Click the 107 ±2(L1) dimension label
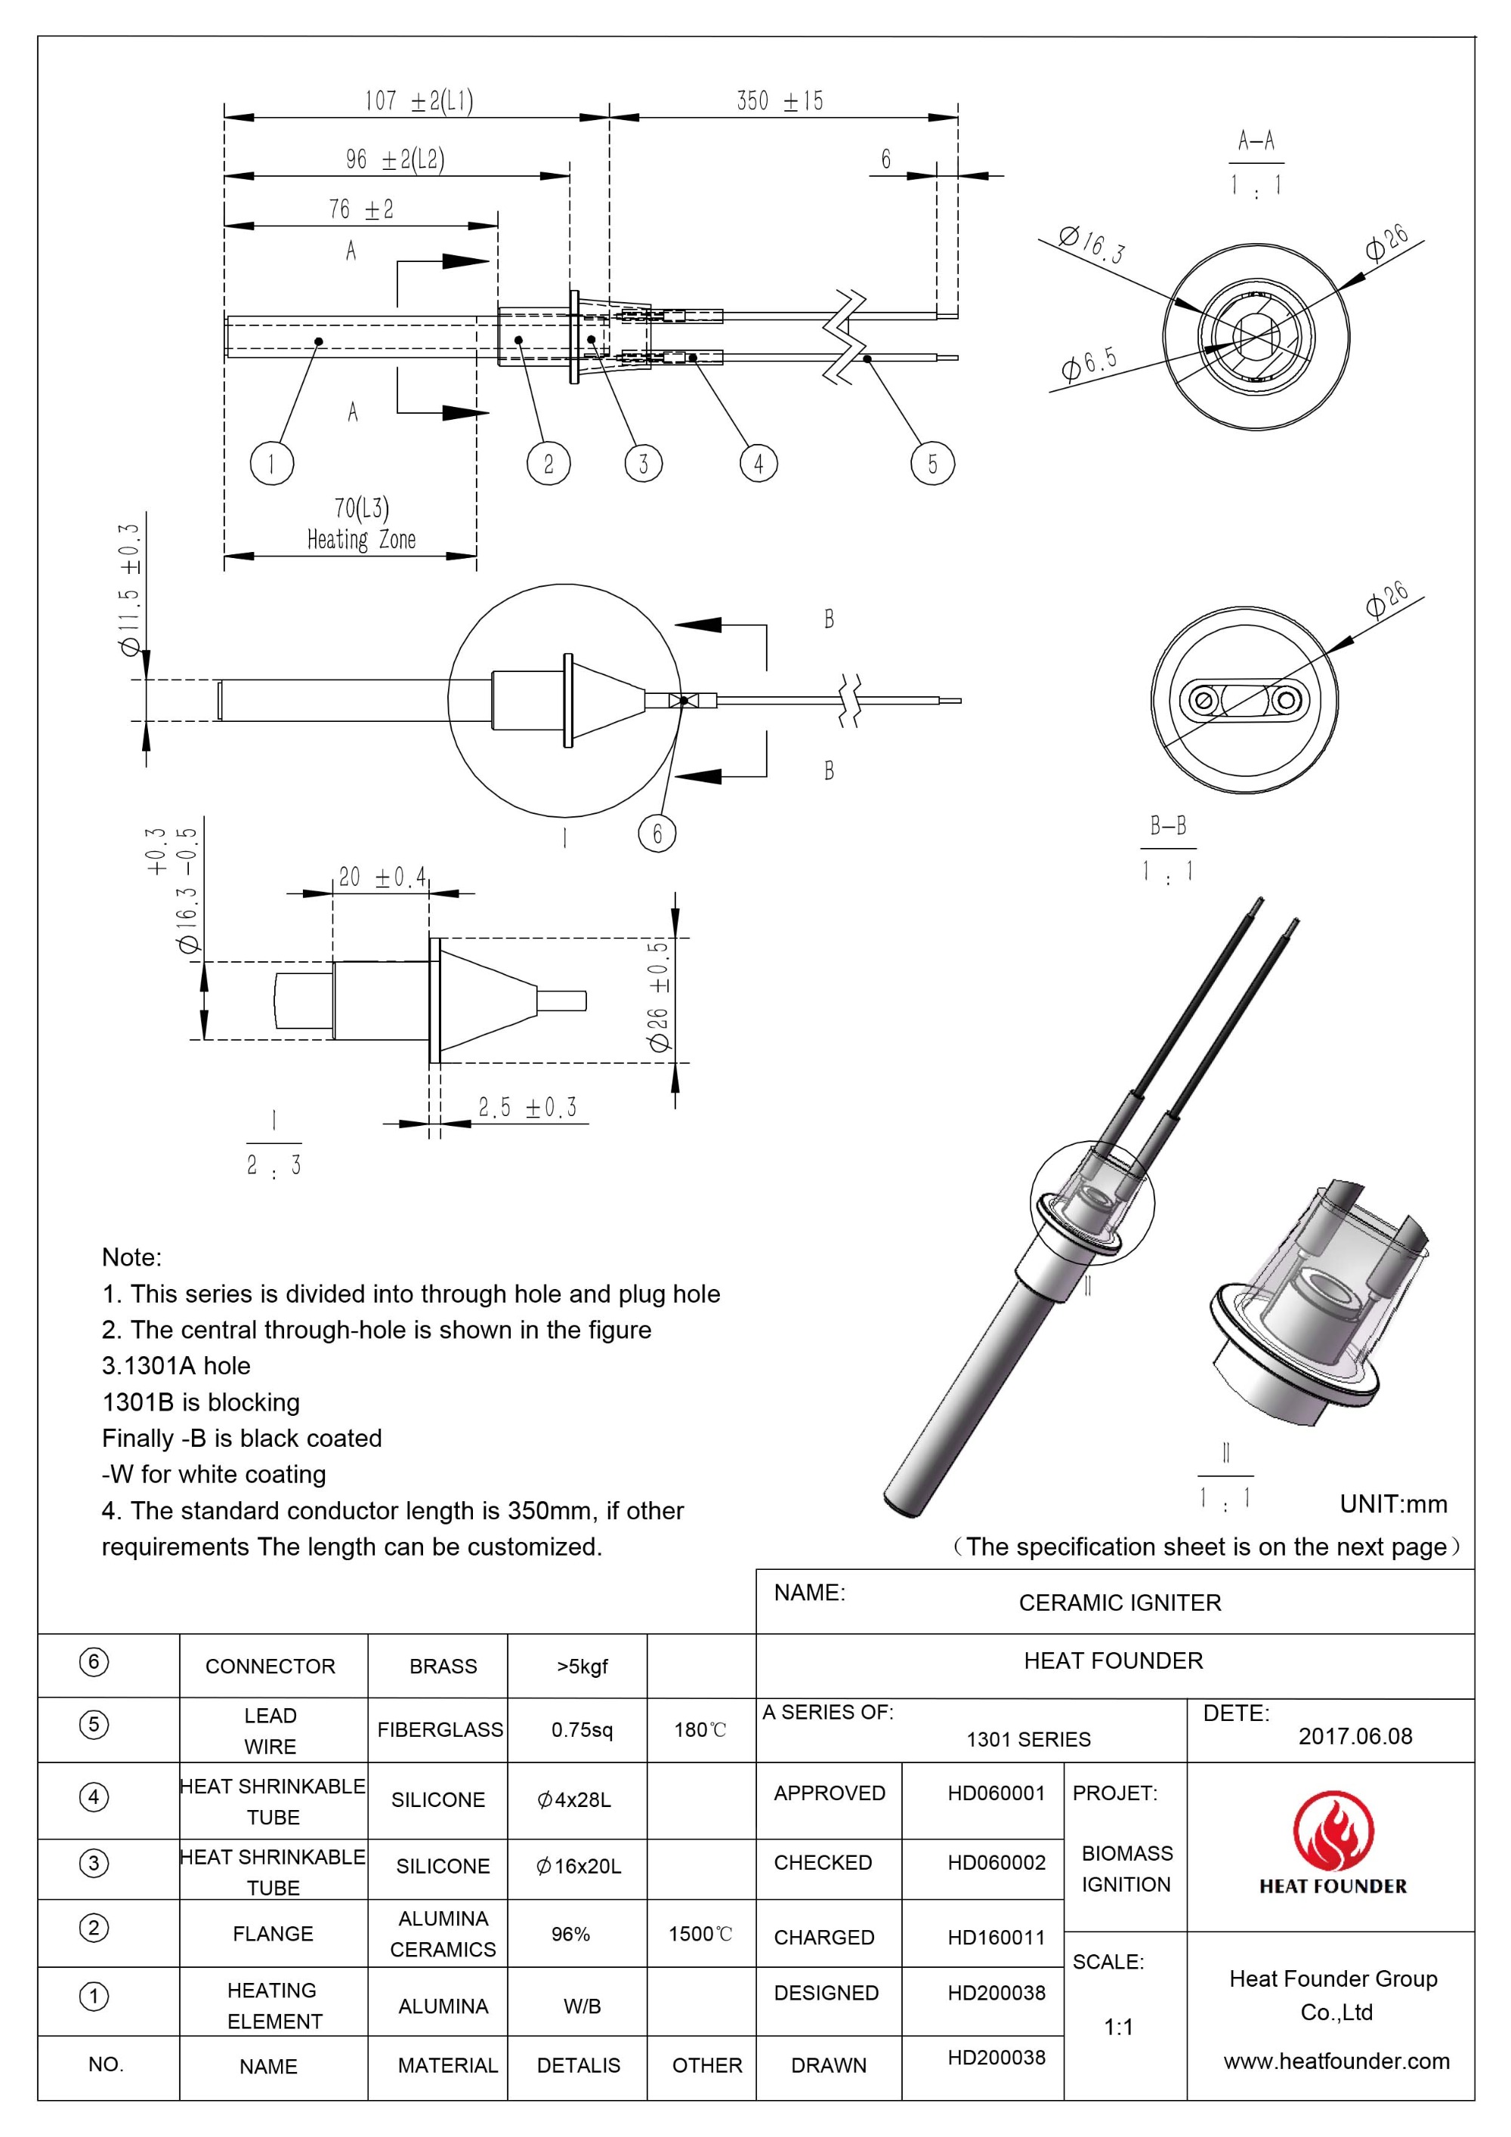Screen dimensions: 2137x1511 pos(418,100)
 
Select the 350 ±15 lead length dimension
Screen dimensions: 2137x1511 pos(779,100)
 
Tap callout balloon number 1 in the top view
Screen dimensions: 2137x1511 pos(272,463)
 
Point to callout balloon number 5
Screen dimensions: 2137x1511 pos(932,464)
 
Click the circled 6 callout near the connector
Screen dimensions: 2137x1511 pos(657,832)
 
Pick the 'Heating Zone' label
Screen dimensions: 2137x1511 pos(361,540)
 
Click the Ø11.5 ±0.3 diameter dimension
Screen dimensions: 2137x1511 pos(131,589)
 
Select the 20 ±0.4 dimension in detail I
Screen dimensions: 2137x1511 pos(382,877)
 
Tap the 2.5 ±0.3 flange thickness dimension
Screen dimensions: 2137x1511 pos(527,1107)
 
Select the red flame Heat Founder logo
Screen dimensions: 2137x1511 pos(1332,1833)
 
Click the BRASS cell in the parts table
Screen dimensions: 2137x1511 pos(443,1666)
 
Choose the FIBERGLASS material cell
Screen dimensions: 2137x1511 pos(440,1729)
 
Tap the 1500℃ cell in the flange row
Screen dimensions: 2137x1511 pos(700,1934)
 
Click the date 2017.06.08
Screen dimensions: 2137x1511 pos(1355,1736)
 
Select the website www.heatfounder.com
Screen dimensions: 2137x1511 pos(1336,2061)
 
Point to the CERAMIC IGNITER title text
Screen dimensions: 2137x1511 pos(1119,1602)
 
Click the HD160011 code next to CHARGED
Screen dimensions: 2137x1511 pos(997,1937)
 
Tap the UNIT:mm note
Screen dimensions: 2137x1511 pos(1392,1504)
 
